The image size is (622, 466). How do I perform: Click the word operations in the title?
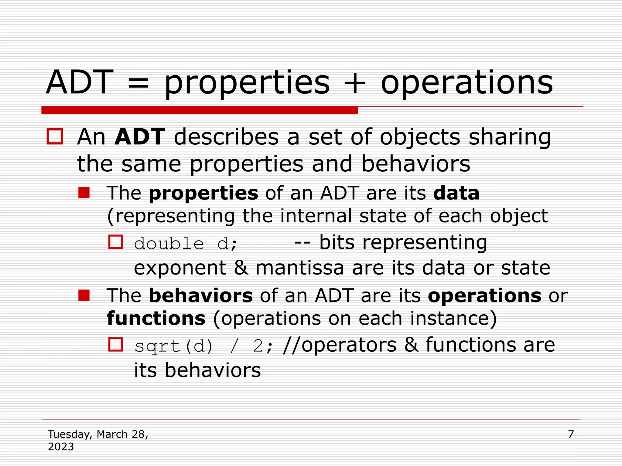coord(467,83)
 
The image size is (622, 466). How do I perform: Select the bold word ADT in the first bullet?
coord(140,137)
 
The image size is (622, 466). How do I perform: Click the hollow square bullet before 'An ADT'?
coord(55,137)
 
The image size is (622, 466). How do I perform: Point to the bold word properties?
coord(203,193)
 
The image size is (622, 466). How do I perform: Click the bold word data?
coord(456,193)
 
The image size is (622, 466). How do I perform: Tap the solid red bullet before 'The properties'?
coord(84,193)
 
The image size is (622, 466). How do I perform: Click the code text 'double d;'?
coord(185,244)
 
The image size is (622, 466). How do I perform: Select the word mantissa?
coord(299,268)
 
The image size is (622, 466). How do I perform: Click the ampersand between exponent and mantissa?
coord(241,268)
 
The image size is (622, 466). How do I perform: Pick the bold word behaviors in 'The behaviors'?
coord(201,295)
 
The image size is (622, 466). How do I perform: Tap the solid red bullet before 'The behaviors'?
coord(84,295)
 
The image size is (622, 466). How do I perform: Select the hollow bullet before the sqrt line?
coord(116,345)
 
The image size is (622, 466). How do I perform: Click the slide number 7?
coord(571,434)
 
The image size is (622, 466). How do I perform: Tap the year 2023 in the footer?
coord(61,447)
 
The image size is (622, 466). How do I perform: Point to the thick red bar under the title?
coord(200,110)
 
